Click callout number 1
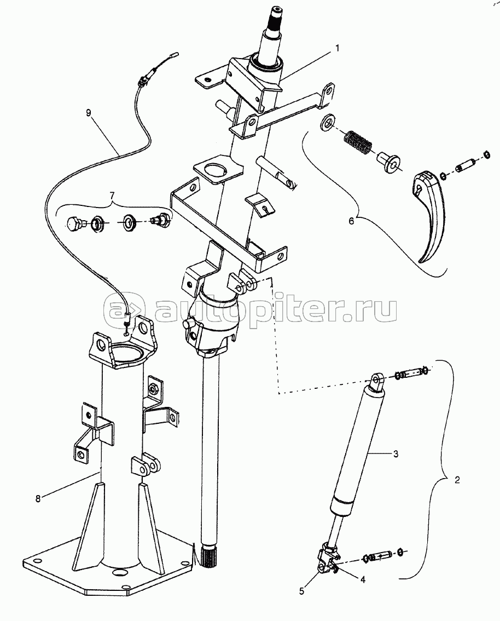tap(337, 48)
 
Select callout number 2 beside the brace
tap(457, 480)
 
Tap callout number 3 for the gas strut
tap(394, 454)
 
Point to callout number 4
tap(362, 577)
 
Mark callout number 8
tap(38, 498)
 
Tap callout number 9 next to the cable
tap(89, 113)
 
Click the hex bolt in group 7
tap(75, 223)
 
